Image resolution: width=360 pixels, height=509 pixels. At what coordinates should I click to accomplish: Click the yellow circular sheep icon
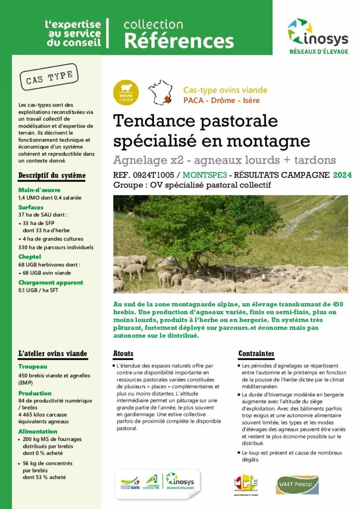126,92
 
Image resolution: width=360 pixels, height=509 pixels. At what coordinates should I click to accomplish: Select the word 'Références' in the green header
179,41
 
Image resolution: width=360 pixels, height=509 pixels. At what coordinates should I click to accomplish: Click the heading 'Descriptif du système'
52,175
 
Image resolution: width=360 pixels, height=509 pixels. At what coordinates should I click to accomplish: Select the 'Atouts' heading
123,354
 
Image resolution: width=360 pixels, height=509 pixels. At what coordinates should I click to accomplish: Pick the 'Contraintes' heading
256,354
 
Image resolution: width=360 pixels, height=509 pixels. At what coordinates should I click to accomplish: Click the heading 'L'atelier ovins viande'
53,354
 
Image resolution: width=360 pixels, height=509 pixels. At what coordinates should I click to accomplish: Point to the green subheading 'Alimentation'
38,431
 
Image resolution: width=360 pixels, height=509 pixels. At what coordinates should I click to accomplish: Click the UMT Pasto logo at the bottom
297,485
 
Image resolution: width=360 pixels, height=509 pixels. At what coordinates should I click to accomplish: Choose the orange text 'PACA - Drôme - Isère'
221,100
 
